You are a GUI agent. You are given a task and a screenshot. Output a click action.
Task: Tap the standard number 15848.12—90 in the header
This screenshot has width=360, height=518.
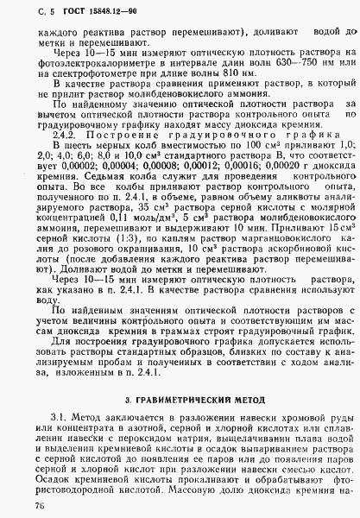point(92,11)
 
